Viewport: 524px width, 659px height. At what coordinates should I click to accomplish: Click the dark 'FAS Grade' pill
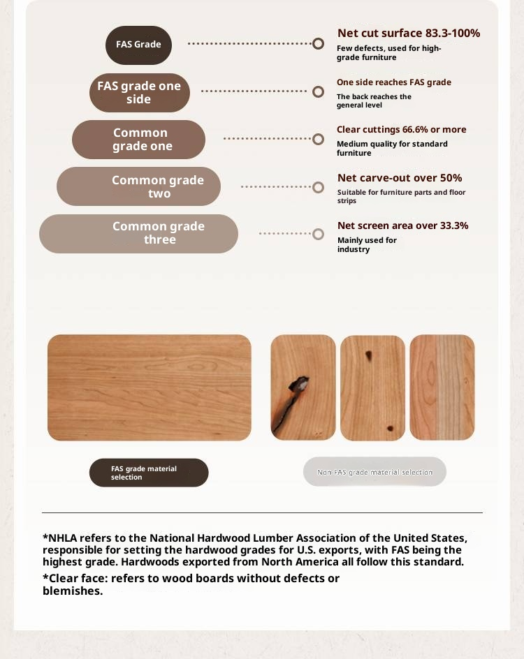[138, 45]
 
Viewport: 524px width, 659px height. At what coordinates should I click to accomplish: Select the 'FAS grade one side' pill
[139, 92]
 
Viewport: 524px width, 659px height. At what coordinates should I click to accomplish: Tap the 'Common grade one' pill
[138, 140]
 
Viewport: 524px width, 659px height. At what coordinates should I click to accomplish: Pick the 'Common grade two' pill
[138, 186]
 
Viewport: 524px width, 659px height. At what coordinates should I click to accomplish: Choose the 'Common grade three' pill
[138, 233]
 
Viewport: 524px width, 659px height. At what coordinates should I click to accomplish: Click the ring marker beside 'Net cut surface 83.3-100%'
[318, 44]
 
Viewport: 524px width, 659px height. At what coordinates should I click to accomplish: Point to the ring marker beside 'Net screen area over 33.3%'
[318, 234]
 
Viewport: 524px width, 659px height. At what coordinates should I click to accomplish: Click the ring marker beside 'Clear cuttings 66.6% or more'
[318, 139]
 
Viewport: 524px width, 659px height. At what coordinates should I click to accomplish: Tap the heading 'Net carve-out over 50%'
[399, 178]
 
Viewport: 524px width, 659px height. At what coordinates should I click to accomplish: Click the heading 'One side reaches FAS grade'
[393, 82]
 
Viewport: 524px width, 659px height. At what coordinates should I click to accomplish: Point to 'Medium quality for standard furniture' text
[391, 148]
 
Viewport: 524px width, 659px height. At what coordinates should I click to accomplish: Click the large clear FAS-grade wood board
[149, 387]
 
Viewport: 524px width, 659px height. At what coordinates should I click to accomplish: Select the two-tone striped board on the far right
[442, 387]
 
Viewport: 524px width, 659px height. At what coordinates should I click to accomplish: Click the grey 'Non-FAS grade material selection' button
[374, 472]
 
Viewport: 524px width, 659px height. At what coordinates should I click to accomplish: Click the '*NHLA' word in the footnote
[59, 538]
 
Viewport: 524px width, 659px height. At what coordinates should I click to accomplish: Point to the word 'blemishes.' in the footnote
[73, 591]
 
